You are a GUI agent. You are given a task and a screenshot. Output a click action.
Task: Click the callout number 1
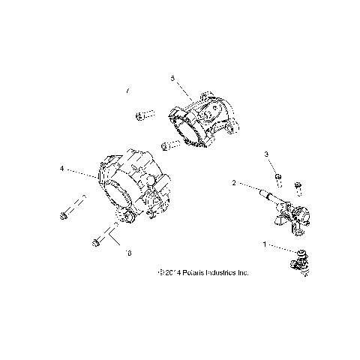263,244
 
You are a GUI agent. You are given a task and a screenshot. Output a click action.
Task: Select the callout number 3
265,154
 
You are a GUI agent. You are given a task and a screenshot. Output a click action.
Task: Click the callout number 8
128,255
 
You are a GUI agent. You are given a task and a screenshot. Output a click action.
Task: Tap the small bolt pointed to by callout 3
277,178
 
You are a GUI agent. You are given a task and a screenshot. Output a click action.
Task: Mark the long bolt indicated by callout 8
100,241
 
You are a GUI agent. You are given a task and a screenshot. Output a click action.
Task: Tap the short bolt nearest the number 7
142,115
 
